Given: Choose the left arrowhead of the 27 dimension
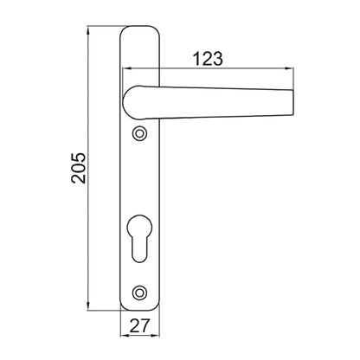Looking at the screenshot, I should [x=121, y=338].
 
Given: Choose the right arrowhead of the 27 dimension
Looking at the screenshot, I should [x=157, y=338].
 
